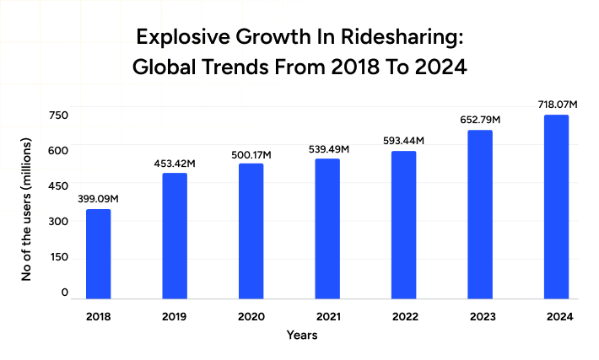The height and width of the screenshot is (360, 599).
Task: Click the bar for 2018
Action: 98,254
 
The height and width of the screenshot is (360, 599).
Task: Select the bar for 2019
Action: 175,236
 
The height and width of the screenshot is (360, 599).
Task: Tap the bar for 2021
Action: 327,228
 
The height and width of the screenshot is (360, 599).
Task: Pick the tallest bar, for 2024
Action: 556,207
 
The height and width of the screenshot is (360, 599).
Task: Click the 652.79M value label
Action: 480,120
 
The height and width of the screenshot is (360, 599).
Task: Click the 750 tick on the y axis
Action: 58,116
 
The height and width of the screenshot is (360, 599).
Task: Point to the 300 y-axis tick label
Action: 58,222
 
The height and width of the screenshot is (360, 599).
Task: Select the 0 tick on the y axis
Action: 64,293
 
